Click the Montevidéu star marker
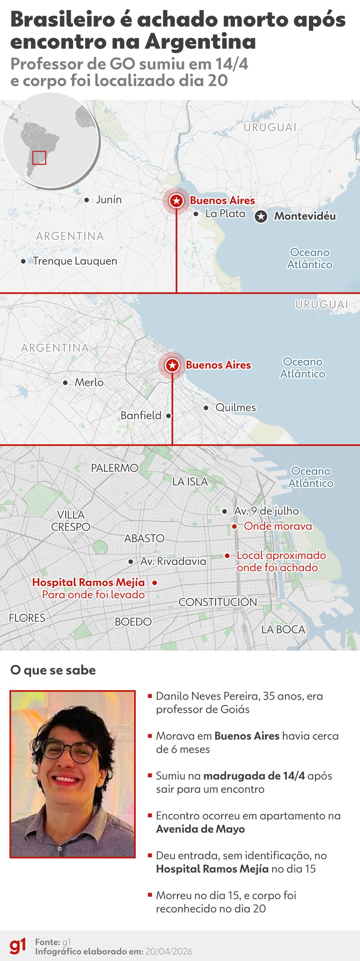[x=261, y=216]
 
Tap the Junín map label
[x=109, y=199]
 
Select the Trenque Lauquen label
[x=75, y=261]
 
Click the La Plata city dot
[x=196, y=214]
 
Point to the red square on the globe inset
[x=39, y=157]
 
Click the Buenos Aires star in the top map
[x=176, y=201]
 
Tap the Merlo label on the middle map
[x=89, y=382]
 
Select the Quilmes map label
[x=236, y=407]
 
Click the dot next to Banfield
[x=169, y=415]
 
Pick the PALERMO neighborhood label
[x=115, y=468]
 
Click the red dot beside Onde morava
[x=234, y=526]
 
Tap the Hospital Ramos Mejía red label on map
[x=89, y=582]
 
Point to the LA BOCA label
[x=283, y=629]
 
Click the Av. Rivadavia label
[x=173, y=561]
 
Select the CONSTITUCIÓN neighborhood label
[x=218, y=602]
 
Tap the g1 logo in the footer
[x=18, y=946]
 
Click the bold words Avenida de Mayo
[x=200, y=829]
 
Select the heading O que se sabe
[x=53, y=670]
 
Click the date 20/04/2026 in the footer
[x=169, y=951]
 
